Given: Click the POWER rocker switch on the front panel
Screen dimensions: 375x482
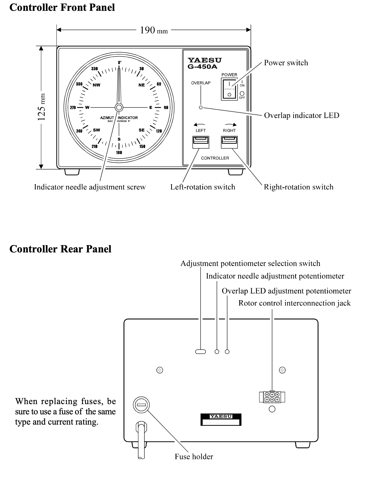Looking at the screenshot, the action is click(x=229, y=89).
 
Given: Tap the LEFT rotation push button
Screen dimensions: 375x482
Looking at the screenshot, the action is click(x=201, y=142).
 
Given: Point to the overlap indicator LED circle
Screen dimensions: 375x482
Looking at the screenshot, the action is click(x=201, y=107).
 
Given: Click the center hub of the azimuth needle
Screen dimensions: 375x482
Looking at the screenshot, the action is click(x=119, y=107).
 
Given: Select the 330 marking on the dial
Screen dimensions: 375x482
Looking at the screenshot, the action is click(x=95, y=69).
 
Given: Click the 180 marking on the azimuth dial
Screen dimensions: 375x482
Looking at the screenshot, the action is click(x=119, y=153).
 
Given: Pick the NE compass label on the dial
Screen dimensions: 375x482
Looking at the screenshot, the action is click(x=142, y=85).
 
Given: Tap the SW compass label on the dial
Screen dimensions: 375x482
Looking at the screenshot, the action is click(x=96, y=130).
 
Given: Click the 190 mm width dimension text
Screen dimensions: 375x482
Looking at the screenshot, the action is click(x=154, y=30).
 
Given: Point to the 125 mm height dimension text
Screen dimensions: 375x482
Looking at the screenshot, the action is click(x=42, y=107).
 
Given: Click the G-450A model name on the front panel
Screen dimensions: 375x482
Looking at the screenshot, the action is click(x=202, y=67).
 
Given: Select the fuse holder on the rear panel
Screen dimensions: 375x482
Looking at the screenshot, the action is click(x=141, y=405).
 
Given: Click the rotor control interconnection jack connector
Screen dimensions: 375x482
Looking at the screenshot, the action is click(x=272, y=397).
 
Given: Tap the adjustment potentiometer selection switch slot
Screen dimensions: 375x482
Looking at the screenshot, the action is click(x=200, y=352).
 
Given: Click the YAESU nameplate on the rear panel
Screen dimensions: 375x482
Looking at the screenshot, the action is click(x=221, y=420).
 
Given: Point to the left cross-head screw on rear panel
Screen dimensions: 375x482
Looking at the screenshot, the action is click(x=160, y=370).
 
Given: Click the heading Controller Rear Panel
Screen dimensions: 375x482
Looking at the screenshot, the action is click(x=60, y=249).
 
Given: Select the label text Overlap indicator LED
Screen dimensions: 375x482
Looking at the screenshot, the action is click(x=301, y=116).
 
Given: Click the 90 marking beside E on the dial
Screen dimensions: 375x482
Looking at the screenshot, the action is click(x=166, y=107).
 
